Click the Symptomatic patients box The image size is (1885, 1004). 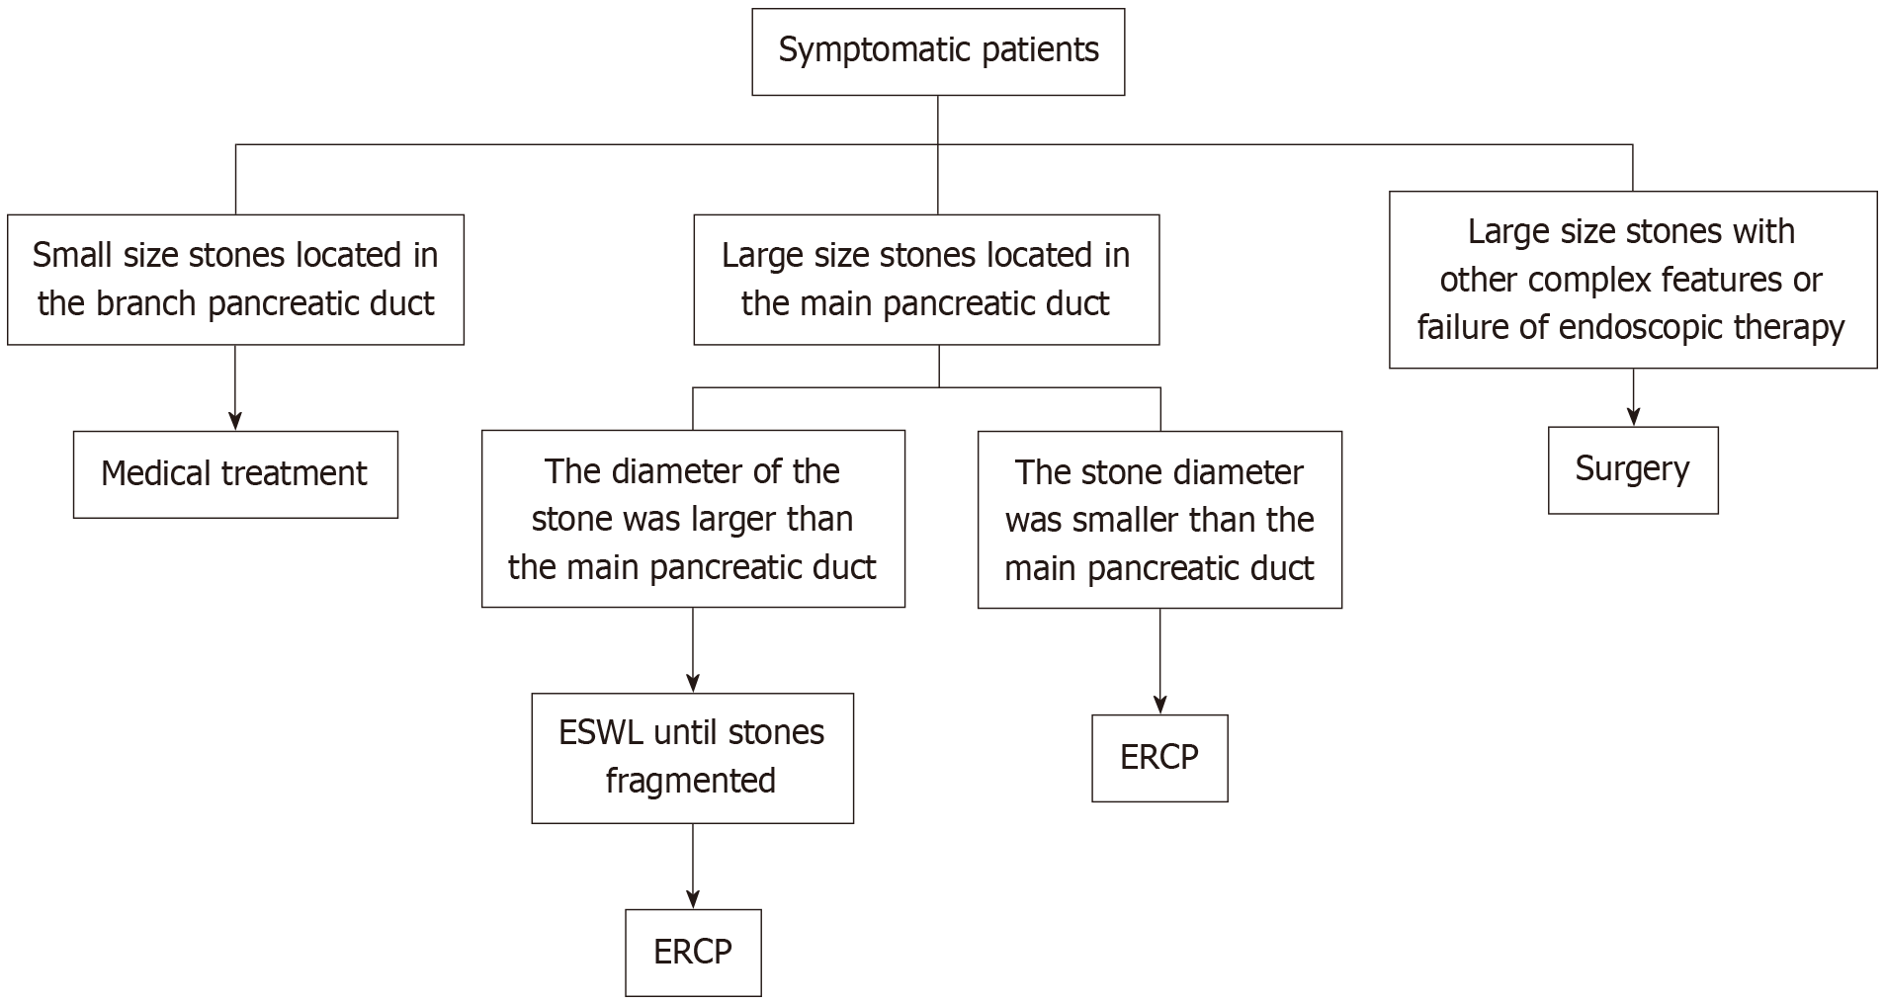pyautogui.click(x=938, y=52)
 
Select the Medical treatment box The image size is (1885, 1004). pyautogui.click(x=235, y=474)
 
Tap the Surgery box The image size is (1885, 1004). pyautogui.click(x=1633, y=470)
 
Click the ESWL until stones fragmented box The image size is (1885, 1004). pyautogui.click(x=692, y=758)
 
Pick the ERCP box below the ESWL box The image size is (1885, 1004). pyautogui.click(x=693, y=953)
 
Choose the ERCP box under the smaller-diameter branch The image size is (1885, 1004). pyautogui.click(x=1159, y=758)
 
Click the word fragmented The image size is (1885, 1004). pyautogui.click(x=691, y=781)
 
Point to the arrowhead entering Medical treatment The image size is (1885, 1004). pyautogui.click(x=235, y=422)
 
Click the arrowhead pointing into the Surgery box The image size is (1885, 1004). pyautogui.click(x=1633, y=418)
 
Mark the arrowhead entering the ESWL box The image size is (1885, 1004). pyautogui.click(x=693, y=684)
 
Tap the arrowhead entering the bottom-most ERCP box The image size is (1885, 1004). pyautogui.click(x=693, y=900)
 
